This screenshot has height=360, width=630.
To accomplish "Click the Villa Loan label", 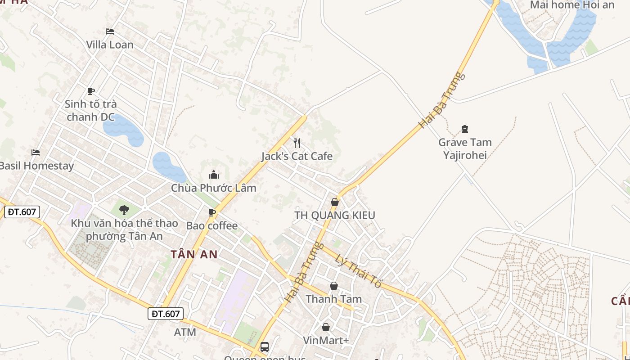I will click(x=110, y=45).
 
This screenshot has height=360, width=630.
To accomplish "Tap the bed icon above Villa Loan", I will click(x=110, y=31).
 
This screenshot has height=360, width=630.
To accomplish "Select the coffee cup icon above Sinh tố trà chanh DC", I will click(x=91, y=91).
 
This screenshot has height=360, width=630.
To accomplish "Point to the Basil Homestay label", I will click(x=36, y=166).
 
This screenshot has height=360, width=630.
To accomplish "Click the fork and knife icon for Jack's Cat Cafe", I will click(x=297, y=143).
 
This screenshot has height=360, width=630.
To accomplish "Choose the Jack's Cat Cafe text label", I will click(x=297, y=156).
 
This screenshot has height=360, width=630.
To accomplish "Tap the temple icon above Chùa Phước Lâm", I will click(x=214, y=175).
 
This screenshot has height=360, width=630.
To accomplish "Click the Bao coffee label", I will click(x=212, y=225).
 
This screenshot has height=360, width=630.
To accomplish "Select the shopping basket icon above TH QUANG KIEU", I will click(x=335, y=202).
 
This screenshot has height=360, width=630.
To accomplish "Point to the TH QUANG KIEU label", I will click(x=335, y=215).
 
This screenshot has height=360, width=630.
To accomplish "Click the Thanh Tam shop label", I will click(x=334, y=299).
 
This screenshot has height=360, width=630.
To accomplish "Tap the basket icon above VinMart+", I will click(x=326, y=327).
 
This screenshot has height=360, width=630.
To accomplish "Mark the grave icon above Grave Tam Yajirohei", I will click(x=465, y=130).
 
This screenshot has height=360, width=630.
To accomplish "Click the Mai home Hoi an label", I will click(x=572, y=5).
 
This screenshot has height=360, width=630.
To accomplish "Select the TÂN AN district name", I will click(x=194, y=254).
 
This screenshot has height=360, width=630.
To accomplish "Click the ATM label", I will click(x=185, y=332).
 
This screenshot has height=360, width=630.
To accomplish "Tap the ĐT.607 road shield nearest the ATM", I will click(x=166, y=314).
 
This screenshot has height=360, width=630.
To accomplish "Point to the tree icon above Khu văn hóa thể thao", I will click(x=124, y=210).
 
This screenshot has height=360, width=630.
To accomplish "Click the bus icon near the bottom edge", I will click(x=265, y=347).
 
